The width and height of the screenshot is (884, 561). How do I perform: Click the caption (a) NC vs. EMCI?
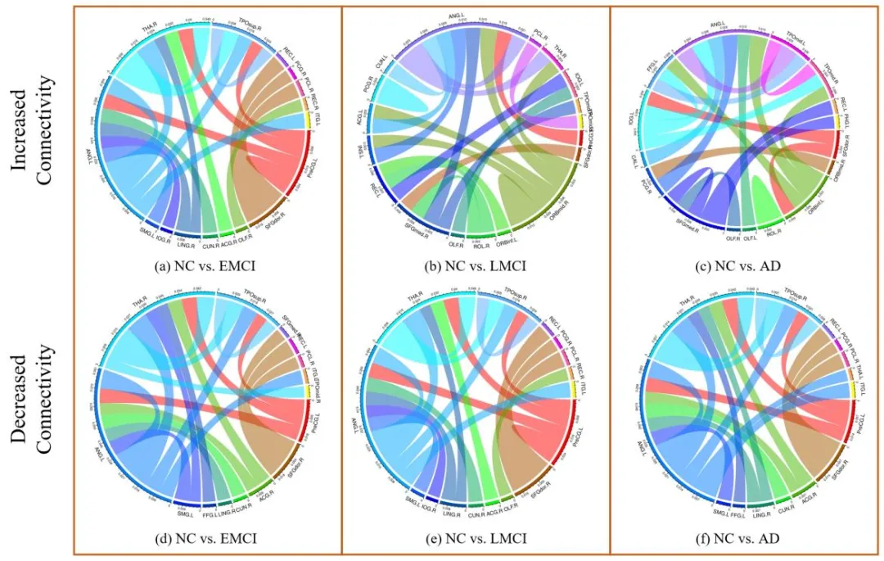coord(206,267)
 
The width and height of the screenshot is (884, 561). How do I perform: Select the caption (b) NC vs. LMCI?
coord(476,267)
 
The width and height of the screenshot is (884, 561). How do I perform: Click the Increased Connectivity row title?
coord(33,131)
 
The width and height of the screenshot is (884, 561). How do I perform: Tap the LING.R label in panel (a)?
coord(185,245)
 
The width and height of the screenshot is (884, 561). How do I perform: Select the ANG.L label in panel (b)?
coord(457,14)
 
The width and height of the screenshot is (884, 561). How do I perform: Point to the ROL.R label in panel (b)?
coord(481,245)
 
